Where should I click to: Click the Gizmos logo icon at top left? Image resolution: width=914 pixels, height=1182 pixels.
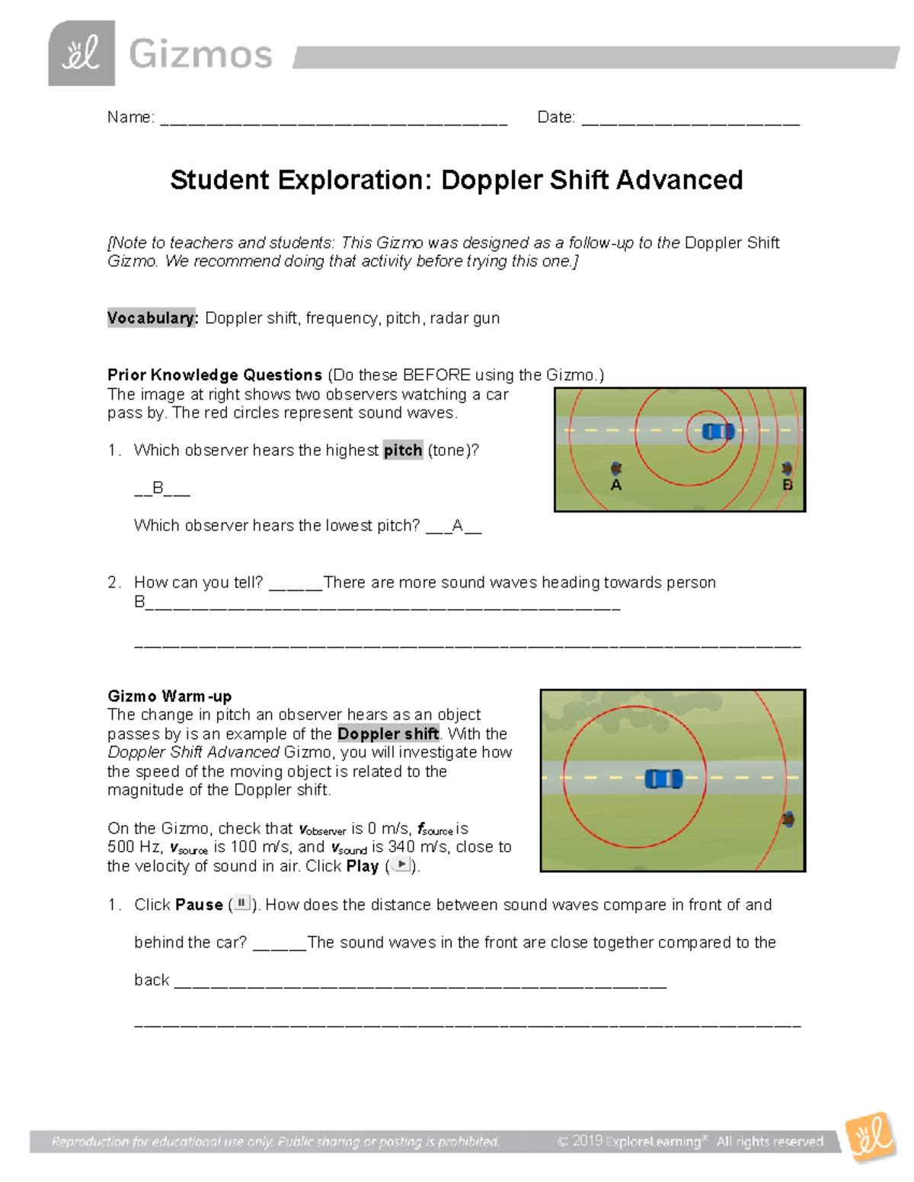coord(81,53)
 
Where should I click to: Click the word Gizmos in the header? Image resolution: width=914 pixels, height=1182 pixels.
coord(200,55)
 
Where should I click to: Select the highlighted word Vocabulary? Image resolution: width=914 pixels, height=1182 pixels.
coord(152,318)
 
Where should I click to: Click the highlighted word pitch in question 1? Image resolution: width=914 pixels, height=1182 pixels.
coord(403,451)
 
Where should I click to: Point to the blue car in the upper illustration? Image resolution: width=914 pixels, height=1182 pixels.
coord(717,432)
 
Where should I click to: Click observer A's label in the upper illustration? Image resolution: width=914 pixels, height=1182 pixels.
coord(616,485)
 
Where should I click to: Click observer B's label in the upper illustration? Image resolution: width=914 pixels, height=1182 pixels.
coord(788,485)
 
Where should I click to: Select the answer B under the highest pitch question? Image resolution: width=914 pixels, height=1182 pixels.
coord(158,488)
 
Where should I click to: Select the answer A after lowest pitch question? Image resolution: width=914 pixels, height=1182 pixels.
coord(457,525)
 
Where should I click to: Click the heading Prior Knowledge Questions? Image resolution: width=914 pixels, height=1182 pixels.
coord(215,375)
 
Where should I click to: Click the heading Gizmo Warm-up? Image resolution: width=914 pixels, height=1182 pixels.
coord(169,696)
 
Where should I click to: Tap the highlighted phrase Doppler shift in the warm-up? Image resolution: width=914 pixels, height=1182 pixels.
coord(388,734)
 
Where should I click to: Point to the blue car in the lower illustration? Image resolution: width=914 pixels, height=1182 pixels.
coord(663,779)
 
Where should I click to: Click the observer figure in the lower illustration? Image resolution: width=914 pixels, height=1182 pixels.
coord(788,819)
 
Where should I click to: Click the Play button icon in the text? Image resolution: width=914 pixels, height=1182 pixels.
coord(401,865)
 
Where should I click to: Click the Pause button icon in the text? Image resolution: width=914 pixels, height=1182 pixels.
coord(241,903)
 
